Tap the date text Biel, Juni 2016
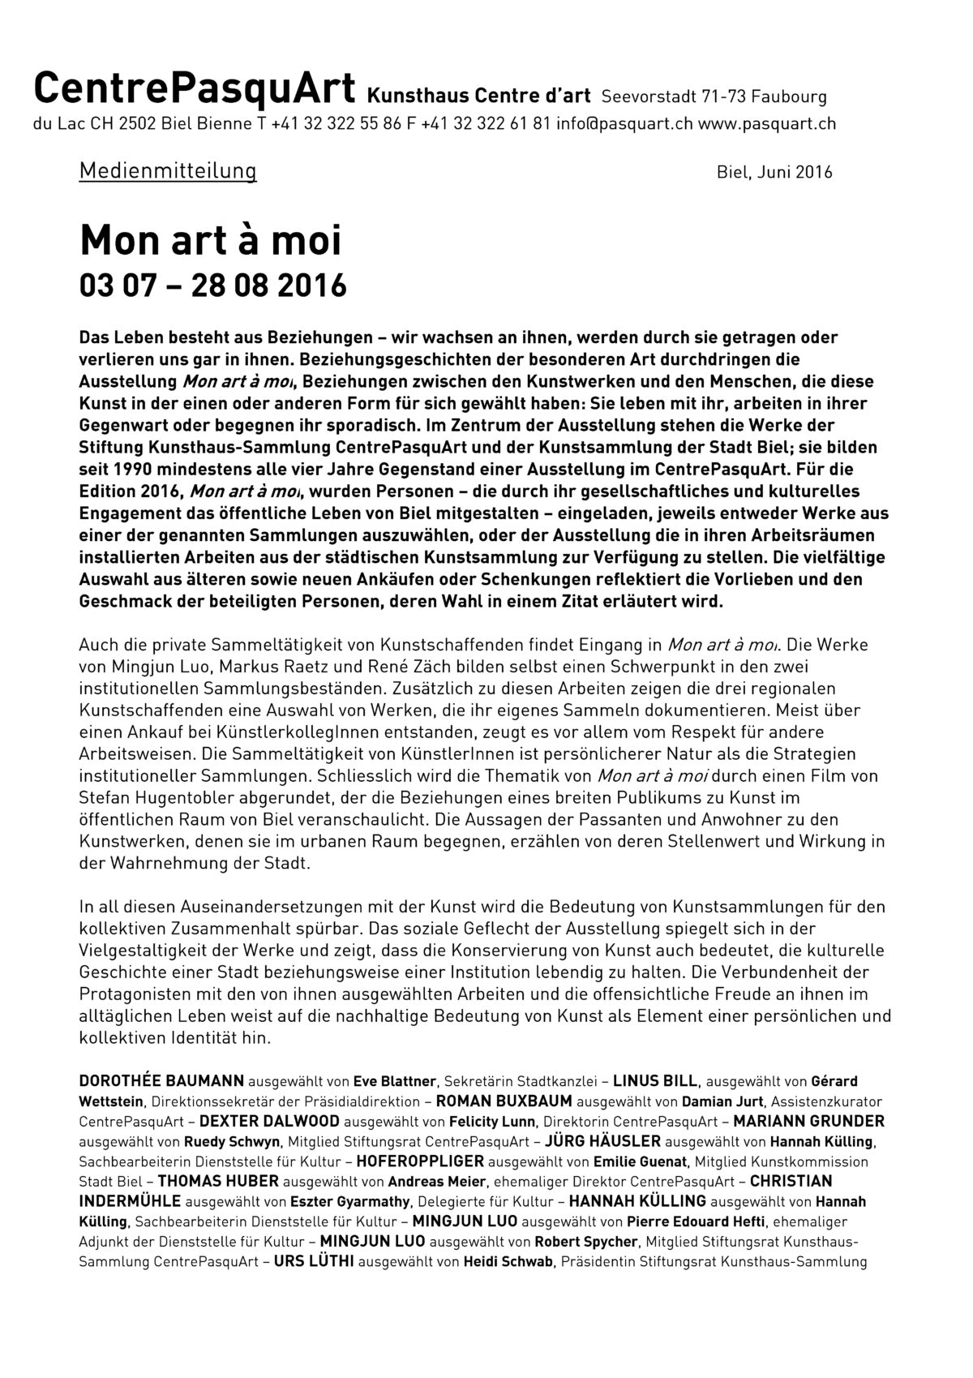pos(774,172)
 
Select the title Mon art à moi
pos(211,240)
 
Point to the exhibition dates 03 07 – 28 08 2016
pos(212,285)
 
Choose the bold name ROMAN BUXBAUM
pos(504,1101)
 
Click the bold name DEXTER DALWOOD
pos(269,1122)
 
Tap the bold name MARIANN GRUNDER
pos(808,1122)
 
